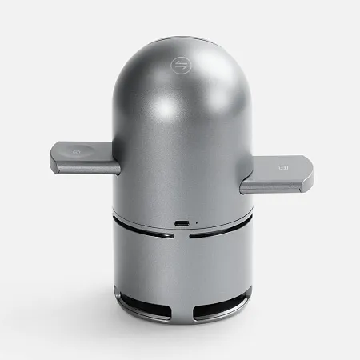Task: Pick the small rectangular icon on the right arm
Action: click(282, 167)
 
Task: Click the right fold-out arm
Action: click(276, 174)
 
